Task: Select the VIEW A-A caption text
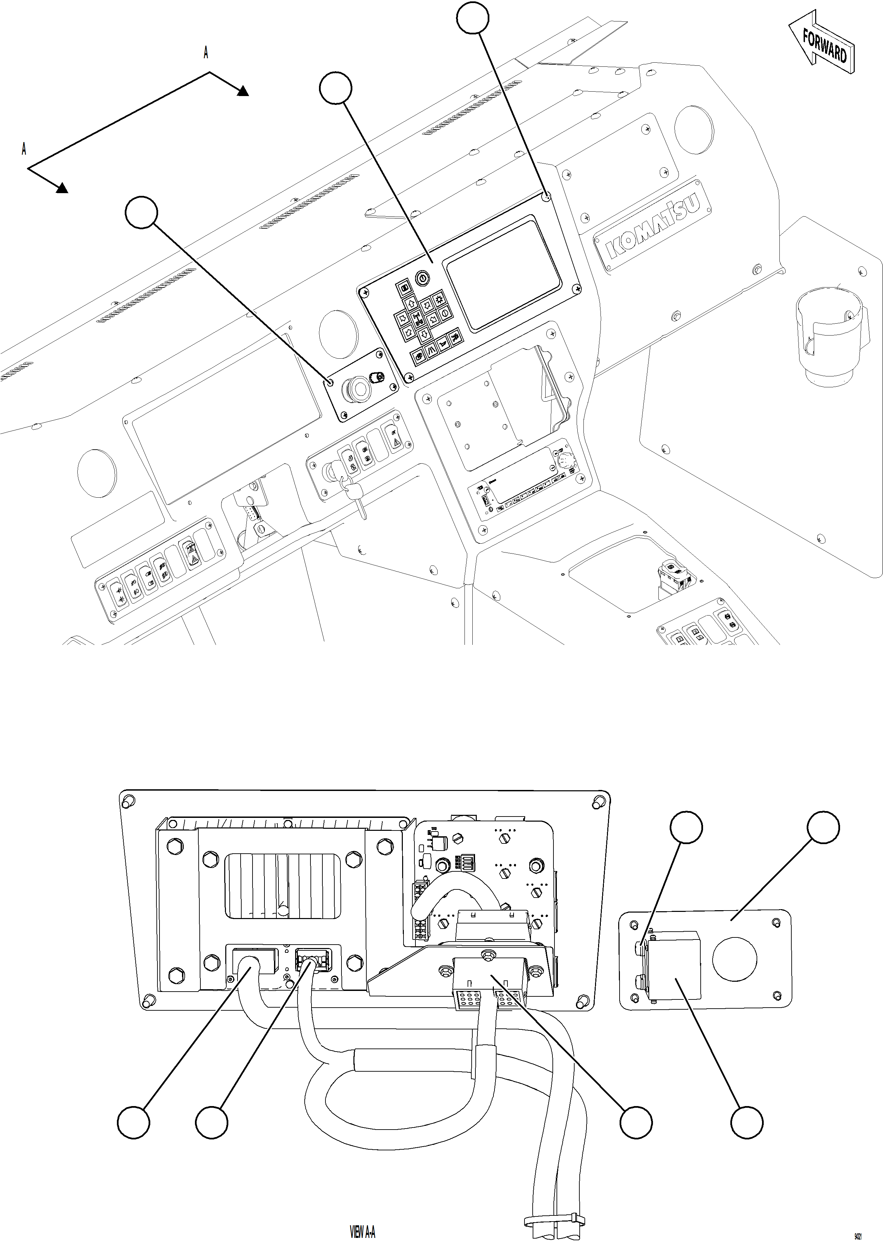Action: click(362, 1231)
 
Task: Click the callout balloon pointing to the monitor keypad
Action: click(335, 89)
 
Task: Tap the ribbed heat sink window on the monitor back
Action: click(283, 885)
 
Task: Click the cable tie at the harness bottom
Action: click(554, 1218)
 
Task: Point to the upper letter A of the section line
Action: click(205, 53)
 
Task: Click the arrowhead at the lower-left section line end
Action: click(62, 188)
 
